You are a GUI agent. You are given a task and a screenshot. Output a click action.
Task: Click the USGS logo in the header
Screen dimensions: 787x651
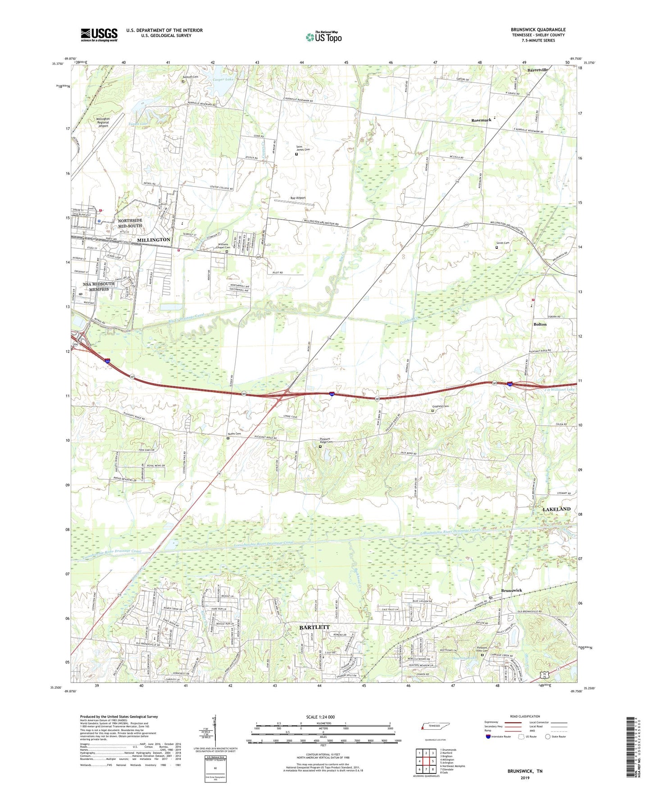[99, 34]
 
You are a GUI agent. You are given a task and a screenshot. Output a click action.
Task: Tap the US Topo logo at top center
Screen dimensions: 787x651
[323, 37]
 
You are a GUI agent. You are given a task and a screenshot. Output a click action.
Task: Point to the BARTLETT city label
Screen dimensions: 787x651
[314, 627]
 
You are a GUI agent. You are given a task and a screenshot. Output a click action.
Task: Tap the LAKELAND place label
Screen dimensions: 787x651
[556, 509]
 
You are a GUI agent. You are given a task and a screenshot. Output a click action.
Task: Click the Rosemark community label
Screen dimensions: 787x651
[481, 120]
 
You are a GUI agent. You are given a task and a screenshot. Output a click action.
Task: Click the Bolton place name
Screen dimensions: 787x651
[540, 324]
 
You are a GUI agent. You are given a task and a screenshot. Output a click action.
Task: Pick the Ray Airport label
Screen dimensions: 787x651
[298, 198]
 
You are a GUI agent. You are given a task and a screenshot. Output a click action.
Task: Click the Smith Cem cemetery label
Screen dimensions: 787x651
[502, 243]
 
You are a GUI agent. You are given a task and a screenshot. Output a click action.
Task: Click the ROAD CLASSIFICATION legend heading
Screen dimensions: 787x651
[525, 716]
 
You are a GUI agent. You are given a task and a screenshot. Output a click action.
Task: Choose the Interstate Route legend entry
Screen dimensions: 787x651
[500, 737]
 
